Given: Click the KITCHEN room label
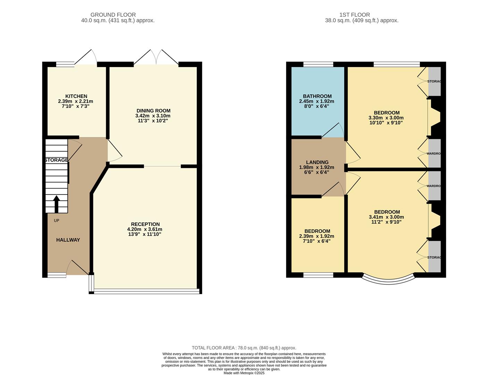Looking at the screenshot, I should coord(76,96).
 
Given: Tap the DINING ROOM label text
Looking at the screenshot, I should coord(153,111).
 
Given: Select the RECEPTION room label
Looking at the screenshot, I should coord(145,224).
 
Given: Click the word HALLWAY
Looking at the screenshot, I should coord(68,240).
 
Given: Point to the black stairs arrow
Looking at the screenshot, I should coord(56,204).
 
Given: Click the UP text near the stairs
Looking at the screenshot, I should coord(57,220).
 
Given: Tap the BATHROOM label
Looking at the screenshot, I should coord(317,96).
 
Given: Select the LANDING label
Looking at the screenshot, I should coord(317,162).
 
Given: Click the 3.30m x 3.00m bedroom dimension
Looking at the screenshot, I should coord(386,118).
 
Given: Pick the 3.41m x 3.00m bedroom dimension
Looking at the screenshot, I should coord(386,217).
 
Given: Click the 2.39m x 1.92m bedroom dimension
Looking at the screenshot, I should coord(317,236).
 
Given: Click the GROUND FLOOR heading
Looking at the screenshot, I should coord(113,15).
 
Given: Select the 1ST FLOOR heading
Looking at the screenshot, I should coord(354,15).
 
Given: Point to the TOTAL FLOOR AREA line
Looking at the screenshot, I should coord(244,348).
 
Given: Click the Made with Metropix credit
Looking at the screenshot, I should coord(244,373).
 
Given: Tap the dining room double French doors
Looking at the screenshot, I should coord(156,57).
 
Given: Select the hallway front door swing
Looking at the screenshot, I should coord(77,267).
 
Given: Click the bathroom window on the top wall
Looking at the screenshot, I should coord(318,64).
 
